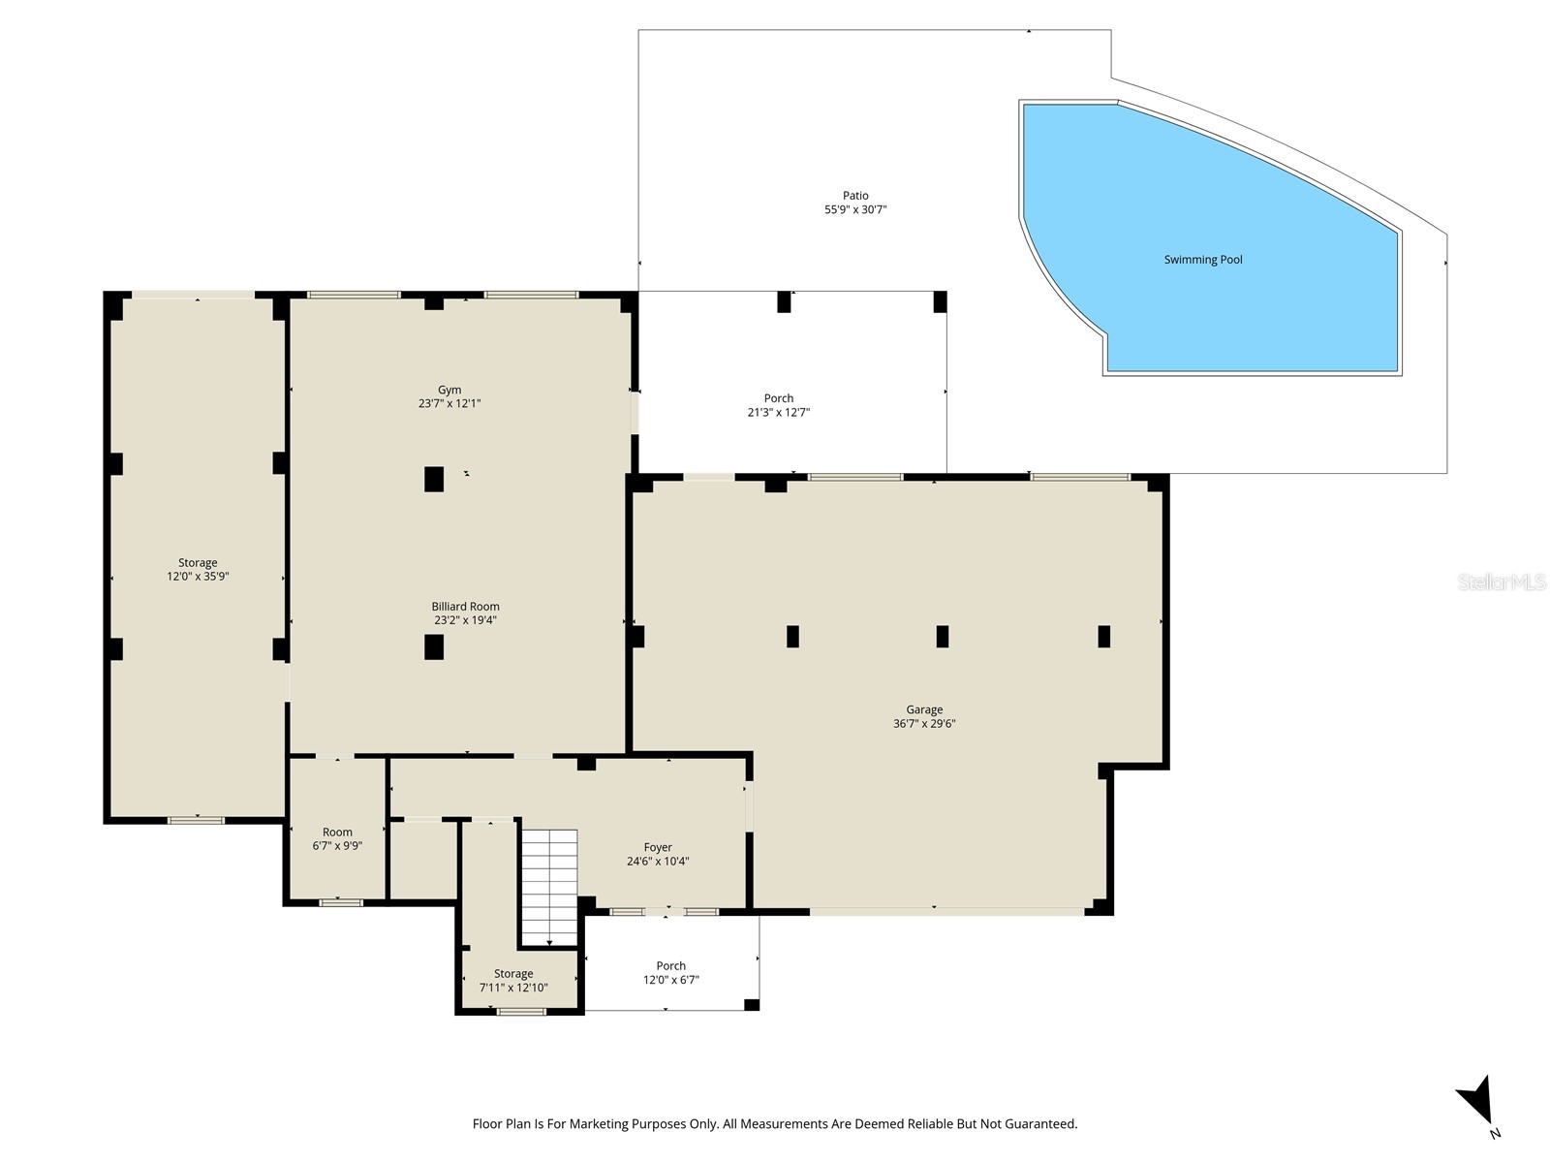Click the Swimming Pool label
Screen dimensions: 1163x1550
[x=1202, y=260]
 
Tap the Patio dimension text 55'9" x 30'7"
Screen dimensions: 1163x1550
[x=855, y=209]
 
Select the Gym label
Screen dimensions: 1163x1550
[x=449, y=390]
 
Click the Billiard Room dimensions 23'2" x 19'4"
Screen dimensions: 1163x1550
[x=465, y=620]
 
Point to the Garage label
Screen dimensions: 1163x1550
[x=924, y=709]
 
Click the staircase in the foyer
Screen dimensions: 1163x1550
[x=549, y=884]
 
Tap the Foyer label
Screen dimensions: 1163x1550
[x=658, y=847]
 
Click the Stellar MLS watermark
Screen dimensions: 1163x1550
[x=1502, y=582]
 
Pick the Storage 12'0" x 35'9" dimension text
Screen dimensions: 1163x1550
[x=198, y=577]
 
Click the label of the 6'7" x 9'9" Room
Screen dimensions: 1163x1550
[x=337, y=832]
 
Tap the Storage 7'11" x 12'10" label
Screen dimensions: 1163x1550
[x=513, y=974]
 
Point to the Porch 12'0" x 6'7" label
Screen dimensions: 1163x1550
[x=670, y=966]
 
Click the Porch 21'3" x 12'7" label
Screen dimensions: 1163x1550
[x=778, y=398]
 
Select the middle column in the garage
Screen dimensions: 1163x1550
[x=942, y=637]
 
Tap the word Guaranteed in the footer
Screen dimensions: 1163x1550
[x=1042, y=1124]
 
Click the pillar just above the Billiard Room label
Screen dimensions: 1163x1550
[x=434, y=479]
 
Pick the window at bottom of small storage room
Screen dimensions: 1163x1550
[x=521, y=1012]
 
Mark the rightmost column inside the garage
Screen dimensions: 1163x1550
[x=1103, y=637]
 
